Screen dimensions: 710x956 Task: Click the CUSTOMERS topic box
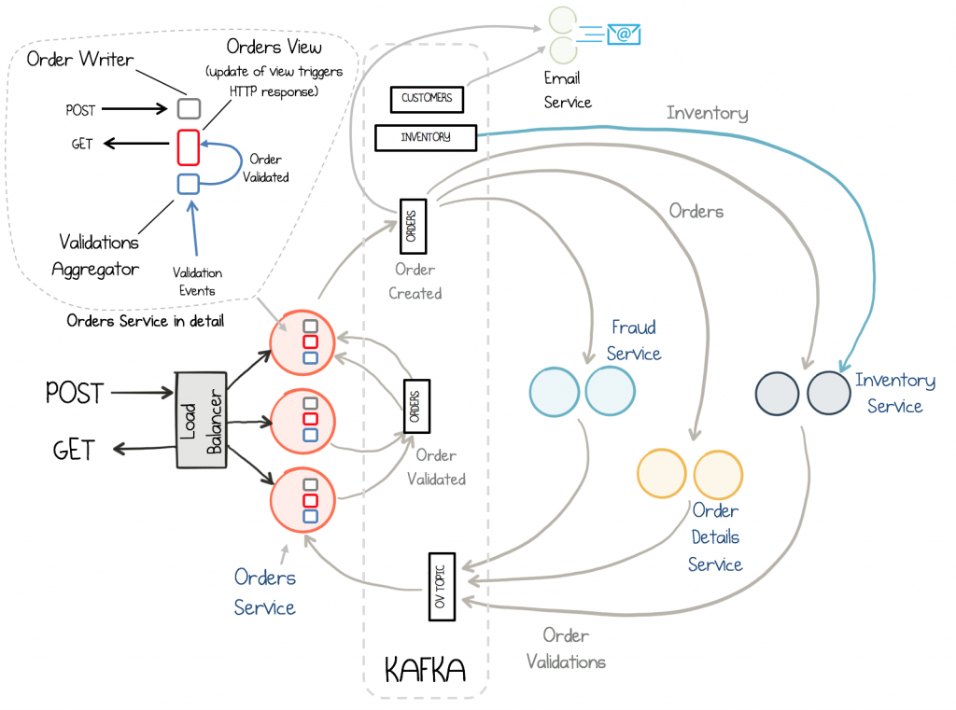(x=427, y=98)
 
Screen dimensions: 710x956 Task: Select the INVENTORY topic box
(x=426, y=137)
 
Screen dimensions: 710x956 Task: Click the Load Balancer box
(x=203, y=422)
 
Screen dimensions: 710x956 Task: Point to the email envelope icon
(x=624, y=35)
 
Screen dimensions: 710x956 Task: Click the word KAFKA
(x=425, y=669)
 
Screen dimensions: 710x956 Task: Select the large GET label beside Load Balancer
(x=74, y=451)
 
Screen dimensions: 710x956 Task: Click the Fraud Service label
(x=634, y=341)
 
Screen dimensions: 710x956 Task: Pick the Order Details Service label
(x=715, y=537)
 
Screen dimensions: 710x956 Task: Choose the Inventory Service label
(x=894, y=393)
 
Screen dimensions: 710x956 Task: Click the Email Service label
(x=568, y=90)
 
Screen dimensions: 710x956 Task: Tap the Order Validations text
(x=566, y=648)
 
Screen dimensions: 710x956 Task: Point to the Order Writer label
(x=80, y=60)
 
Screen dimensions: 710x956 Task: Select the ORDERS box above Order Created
(x=413, y=225)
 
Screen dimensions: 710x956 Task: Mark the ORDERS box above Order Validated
(x=416, y=405)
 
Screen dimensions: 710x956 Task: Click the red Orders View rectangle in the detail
(x=188, y=146)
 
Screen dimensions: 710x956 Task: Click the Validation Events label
(x=197, y=282)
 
